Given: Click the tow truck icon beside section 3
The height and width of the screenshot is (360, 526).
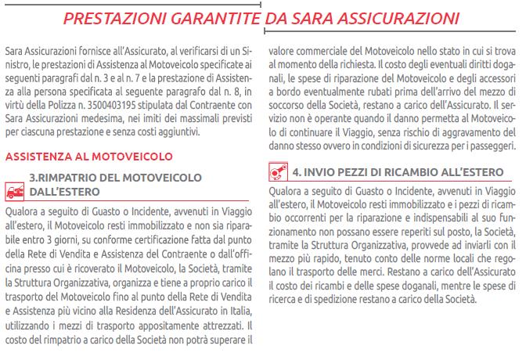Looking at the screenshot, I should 14,189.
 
